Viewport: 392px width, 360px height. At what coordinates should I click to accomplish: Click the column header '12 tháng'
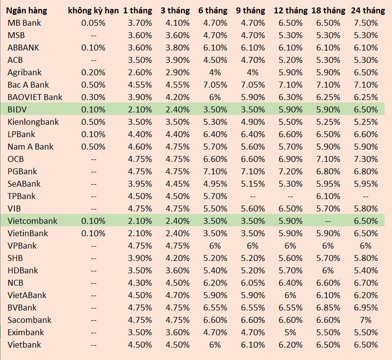290,10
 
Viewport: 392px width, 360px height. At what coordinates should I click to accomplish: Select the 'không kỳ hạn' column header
93,10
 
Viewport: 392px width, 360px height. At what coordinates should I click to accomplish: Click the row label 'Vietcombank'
32,221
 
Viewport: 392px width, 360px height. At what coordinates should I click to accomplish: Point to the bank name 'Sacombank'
29,320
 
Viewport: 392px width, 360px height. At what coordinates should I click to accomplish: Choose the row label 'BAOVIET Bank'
35,97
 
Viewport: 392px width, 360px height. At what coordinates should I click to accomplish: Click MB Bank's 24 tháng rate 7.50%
367,23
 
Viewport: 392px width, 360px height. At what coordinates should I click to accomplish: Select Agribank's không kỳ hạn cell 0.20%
93,72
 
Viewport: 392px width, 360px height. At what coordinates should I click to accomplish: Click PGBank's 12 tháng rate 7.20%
290,171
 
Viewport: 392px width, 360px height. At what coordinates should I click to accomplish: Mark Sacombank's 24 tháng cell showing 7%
367,320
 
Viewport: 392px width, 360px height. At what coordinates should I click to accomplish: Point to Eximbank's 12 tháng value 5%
290,332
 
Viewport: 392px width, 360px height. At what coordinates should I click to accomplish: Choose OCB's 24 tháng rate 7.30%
367,159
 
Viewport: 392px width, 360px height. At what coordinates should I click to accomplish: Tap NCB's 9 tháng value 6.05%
253,283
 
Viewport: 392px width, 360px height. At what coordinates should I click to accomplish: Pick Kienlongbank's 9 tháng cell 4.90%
253,122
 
